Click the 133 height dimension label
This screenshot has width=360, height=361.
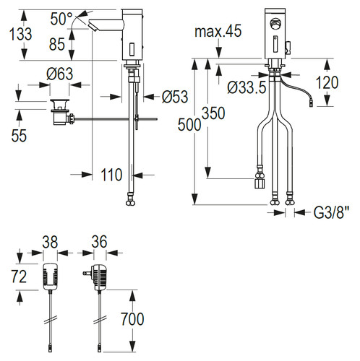(x=21, y=34)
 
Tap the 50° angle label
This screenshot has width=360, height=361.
(x=61, y=19)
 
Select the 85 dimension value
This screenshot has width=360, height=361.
(x=57, y=44)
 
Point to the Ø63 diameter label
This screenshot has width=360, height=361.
(x=60, y=74)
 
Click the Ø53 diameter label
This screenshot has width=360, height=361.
(x=175, y=97)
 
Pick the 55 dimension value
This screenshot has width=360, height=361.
(x=19, y=136)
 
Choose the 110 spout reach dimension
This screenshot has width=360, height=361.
(x=111, y=175)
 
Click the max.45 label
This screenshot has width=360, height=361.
(x=218, y=31)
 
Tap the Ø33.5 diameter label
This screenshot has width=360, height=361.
(x=247, y=87)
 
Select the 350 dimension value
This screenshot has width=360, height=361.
(x=213, y=113)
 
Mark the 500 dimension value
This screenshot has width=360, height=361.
(x=189, y=125)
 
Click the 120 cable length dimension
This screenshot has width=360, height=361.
(x=327, y=82)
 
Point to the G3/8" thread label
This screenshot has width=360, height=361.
(x=331, y=212)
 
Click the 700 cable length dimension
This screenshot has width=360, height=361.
(x=132, y=319)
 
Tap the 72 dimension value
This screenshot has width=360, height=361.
(x=19, y=277)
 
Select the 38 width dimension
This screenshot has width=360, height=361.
(x=50, y=242)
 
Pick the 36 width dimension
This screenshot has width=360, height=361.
(x=99, y=242)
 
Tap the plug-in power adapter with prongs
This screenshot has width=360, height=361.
(x=95, y=277)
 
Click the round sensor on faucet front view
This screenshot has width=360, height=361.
(x=274, y=23)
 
